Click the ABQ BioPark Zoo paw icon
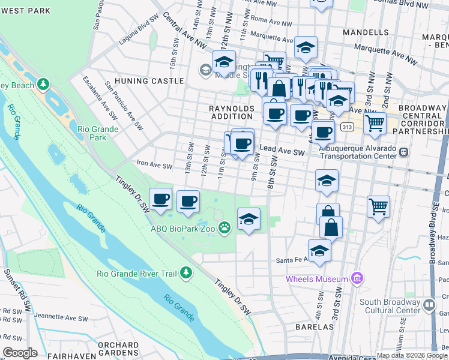pos(224,227)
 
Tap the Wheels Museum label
pos(317,279)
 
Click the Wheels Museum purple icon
pos(357,278)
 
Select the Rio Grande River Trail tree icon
pos(186,273)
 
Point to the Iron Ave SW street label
pos(154,166)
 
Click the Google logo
pos(20,353)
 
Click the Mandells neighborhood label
pos(366,32)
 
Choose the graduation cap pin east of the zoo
pos(249,219)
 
